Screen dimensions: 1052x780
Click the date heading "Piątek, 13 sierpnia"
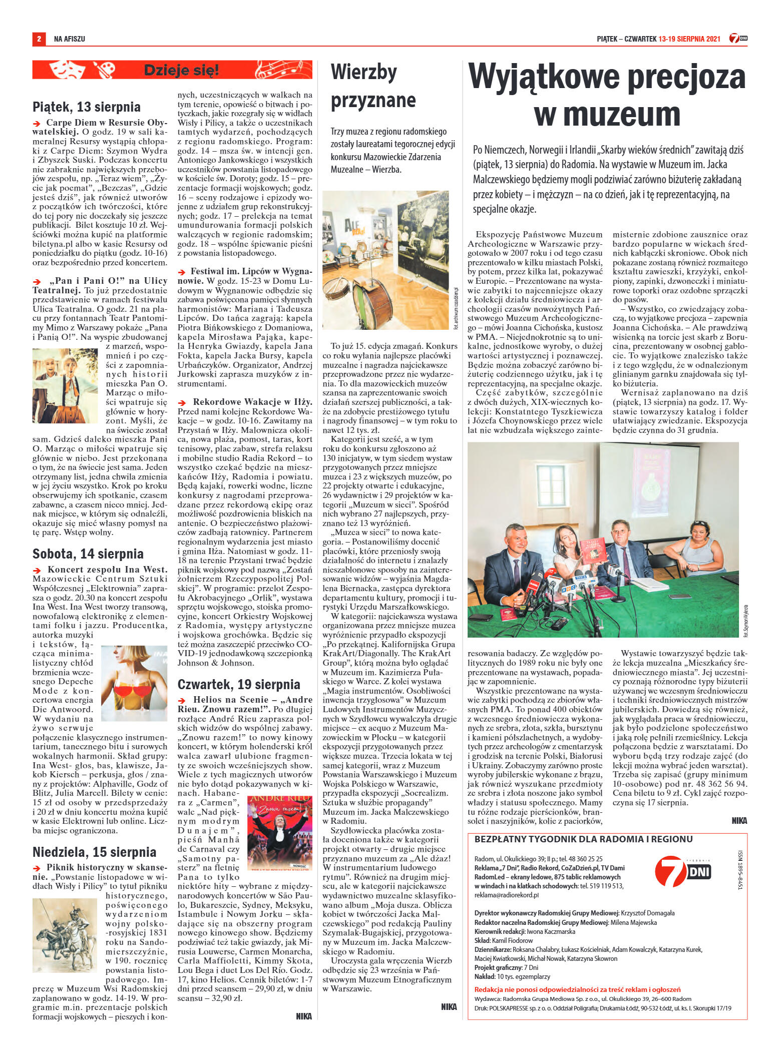(x=87, y=107)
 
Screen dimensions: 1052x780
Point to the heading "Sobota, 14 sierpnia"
(x=88, y=554)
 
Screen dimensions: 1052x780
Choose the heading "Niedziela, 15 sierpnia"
(x=95, y=852)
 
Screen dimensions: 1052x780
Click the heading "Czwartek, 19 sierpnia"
(x=239, y=684)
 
